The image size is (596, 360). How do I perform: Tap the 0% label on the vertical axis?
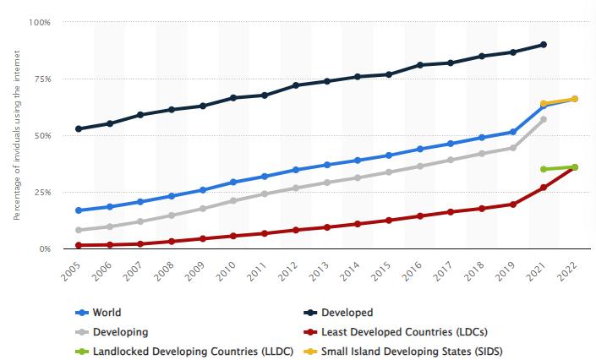pos(45,249)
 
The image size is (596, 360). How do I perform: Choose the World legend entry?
pos(105,313)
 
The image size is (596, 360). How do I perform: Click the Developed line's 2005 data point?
pos(79,128)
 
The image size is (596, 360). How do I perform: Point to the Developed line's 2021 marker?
pos(544,44)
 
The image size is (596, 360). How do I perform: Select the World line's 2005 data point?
pos(79,210)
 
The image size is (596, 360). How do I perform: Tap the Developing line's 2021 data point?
pos(544,119)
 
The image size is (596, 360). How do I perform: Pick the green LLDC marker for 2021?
pos(544,169)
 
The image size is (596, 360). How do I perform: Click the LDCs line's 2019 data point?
pos(512,205)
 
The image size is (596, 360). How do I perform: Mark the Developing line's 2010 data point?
pos(233,201)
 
